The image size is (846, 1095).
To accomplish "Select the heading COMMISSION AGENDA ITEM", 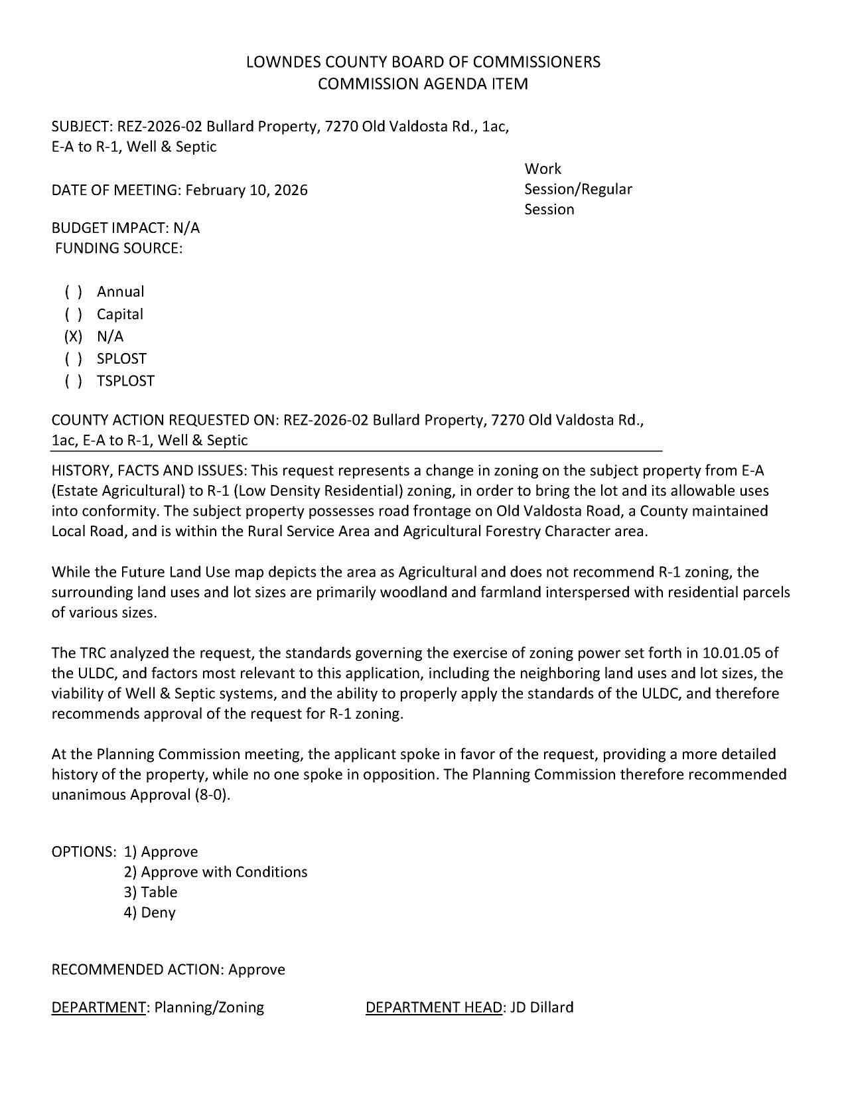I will tap(423, 84).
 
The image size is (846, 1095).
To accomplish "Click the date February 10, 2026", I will tap(246, 190).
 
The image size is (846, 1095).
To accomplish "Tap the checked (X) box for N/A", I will tap(73, 336).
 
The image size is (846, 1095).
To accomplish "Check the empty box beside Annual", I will tap(73, 292).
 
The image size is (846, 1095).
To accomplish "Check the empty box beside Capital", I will tap(73, 315).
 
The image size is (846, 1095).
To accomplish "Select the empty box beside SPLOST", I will tap(73, 359).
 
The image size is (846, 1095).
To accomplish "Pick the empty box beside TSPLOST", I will tap(73, 382).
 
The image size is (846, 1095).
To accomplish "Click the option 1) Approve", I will tap(161, 851).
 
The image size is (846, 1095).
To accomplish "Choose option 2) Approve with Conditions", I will tap(215, 872).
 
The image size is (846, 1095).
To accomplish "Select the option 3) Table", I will tap(150, 893).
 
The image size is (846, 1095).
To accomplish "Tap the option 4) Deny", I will tap(149, 913).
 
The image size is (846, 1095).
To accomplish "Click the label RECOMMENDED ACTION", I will tap(137, 970).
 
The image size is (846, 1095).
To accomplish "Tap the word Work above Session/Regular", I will tap(542, 169).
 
